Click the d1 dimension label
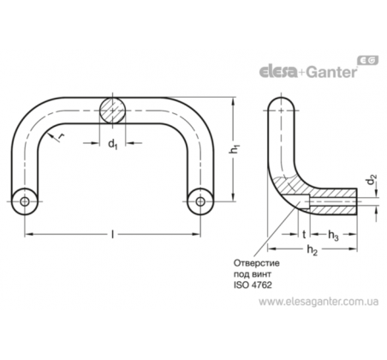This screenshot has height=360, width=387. [x=113, y=144]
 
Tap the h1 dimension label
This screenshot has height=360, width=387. [x=235, y=149]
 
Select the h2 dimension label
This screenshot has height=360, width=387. [x=313, y=250]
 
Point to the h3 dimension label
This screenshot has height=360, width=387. [x=333, y=236]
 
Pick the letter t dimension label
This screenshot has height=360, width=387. [x=304, y=235]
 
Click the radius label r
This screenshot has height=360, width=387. [x=61, y=137]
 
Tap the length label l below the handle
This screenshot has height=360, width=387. [x=113, y=235]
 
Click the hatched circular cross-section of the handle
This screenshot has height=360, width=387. [x=113, y=111]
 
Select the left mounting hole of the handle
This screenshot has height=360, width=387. [x=25, y=201]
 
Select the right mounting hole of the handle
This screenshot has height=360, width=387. [x=200, y=201]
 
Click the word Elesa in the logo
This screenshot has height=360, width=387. [x=278, y=72]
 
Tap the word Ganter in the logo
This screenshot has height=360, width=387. [x=332, y=72]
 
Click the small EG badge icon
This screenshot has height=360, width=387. [x=368, y=60]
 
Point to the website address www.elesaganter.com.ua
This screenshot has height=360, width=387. [x=319, y=302]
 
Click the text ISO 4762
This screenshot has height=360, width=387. [x=253, y=285]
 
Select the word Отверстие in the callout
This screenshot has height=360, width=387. [x=257, y=263]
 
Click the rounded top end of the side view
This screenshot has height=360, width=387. [x=282, y=101]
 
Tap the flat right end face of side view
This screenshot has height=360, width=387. [x=357, y=201]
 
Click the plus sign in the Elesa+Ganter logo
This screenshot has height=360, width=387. [x=302, y=73]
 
